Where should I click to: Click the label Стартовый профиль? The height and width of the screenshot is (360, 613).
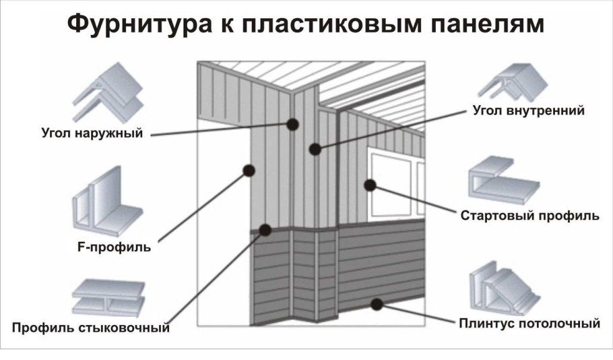[529, 216]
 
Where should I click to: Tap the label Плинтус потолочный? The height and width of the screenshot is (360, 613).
[529, 324]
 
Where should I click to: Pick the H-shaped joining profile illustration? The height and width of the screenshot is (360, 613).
[108, 297]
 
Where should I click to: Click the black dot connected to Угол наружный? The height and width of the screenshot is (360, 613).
[292, 124]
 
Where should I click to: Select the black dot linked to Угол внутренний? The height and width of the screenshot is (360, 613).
[315, 149]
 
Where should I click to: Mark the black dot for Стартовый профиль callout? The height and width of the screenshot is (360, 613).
[370, 184]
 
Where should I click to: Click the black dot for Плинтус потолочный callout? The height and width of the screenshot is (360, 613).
[377, 304]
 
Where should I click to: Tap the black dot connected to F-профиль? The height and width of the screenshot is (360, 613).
[248, 171]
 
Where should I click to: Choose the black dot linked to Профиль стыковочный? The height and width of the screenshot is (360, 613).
[265, 230]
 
